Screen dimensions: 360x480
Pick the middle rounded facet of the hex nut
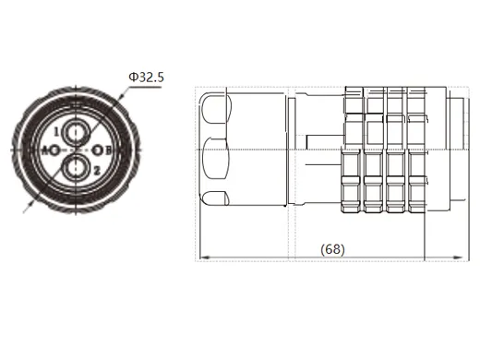[x=214, y=150]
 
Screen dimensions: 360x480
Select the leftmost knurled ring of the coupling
[x=354, y=150]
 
